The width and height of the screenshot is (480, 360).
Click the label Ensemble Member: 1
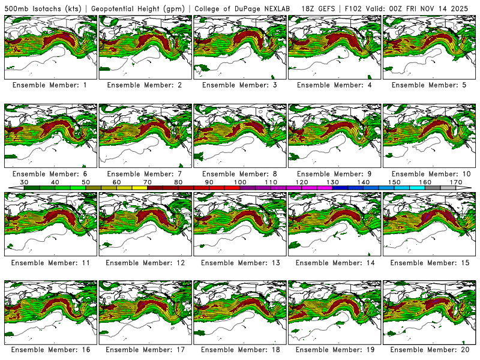(50, 85)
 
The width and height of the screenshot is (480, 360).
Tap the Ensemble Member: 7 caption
(145, 174)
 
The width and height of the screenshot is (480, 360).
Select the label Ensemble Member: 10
(430, 174)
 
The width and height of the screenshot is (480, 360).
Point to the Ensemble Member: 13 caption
(239, 263)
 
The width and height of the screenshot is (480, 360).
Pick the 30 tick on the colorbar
(25, 182)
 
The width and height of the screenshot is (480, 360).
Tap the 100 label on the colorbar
(240, 182)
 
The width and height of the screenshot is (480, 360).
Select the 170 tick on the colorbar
(456, 182)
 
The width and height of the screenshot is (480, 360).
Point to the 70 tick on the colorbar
(148, 182)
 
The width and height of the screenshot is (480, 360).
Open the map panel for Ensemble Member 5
(430, 46)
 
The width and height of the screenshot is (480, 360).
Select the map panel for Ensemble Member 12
(145, 224)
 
